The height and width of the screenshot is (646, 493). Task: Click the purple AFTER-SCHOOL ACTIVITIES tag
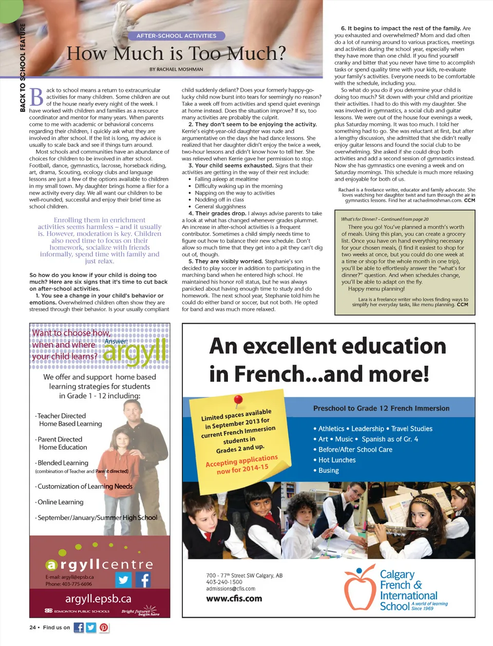pos(176,36)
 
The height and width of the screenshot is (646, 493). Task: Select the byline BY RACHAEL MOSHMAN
pos(176,69)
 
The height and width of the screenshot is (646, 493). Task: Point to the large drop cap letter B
pos(36,98)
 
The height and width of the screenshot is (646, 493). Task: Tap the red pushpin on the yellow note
pos(238,401)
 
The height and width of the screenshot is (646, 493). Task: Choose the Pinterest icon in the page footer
pos(104,627)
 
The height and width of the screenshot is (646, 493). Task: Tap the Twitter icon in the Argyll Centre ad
pos(123,580)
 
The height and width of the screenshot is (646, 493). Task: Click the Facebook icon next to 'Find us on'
pos(79,627)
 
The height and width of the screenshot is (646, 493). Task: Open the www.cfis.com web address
pos(234,599)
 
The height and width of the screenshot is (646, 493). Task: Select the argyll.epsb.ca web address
pos(98,599)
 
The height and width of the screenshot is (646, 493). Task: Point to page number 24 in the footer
pos(32,627)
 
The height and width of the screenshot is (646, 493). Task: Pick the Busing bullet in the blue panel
pos(329,470)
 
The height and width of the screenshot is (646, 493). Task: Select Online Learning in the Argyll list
pos(60,502)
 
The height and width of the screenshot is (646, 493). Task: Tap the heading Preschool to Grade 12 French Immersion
pos(381,408)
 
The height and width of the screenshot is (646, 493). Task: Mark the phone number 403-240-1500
pos(224,582)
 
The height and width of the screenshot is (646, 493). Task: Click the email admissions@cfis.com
pos(231,589)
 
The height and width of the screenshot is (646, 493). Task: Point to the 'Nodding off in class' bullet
pos(219,199)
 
